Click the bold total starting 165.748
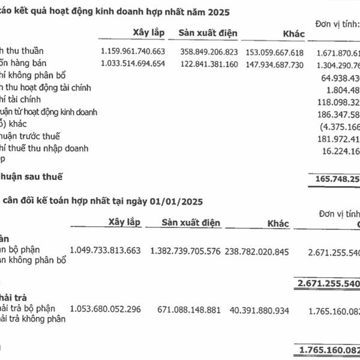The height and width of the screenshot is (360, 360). coord(334,178)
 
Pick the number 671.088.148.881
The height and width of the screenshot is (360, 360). coord(186,309)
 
